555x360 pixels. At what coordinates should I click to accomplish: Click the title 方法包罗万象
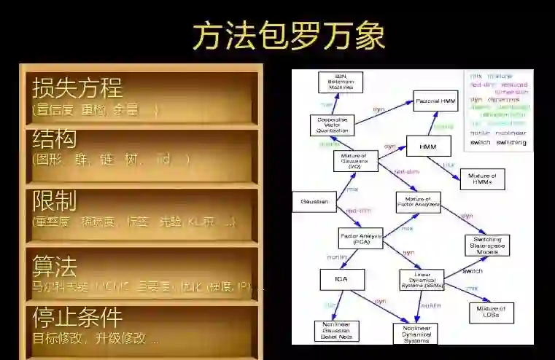click(x=289, y=36)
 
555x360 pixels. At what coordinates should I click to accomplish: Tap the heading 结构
click(x=55, y=138)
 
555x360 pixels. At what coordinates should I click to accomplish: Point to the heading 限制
click(x=55, y=200)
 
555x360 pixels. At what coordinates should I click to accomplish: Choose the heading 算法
click(x=55, y=265)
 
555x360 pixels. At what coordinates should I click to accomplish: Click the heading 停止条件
click(x=77, y=318)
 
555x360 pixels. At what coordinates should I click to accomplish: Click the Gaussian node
click(x=314, y=201)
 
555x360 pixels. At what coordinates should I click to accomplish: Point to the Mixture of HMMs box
click(x=481, y=179)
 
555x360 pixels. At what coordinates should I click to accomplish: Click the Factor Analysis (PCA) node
click(x=361, y=238)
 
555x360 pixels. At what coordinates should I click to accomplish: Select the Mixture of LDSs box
click(x=491, y=312)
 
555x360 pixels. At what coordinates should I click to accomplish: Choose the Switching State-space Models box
click(x=487, y=246)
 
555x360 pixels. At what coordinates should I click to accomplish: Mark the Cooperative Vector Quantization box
click(x=332, y=125)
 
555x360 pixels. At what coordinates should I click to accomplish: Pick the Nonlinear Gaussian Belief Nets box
click(x=336, y=332)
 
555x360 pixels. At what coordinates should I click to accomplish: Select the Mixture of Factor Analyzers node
click(x=419, y=202)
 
